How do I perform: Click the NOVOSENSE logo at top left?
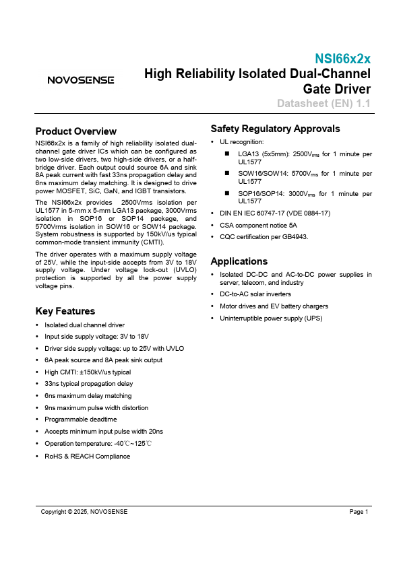[x=80, y=80]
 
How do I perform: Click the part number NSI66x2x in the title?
[x=342, y=59]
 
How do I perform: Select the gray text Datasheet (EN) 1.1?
[x=323, y=103]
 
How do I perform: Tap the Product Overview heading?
[x=75, y=131]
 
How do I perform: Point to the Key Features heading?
[x=65, y=311]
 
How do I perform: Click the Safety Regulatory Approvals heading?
[x=275, y=129]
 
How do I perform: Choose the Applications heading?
[x=239, y=261]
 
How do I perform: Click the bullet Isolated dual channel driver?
[x=84, y=325]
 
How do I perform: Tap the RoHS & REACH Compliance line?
[x=87, y=456]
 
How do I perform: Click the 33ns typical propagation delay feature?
[x=88, y=384]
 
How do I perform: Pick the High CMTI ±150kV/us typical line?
[x=88, y=372]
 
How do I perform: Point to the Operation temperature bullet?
[x=98, y=444]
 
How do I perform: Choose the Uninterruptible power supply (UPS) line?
[x=272, y=318]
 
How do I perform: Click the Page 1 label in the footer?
[x=359, y=512]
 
